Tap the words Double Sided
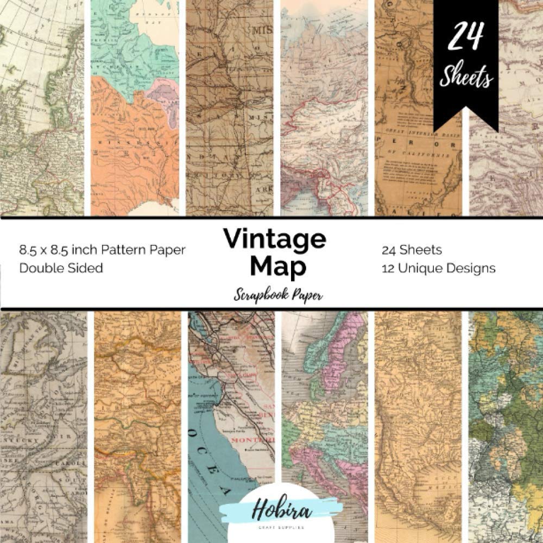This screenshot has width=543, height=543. pos(61,268)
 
